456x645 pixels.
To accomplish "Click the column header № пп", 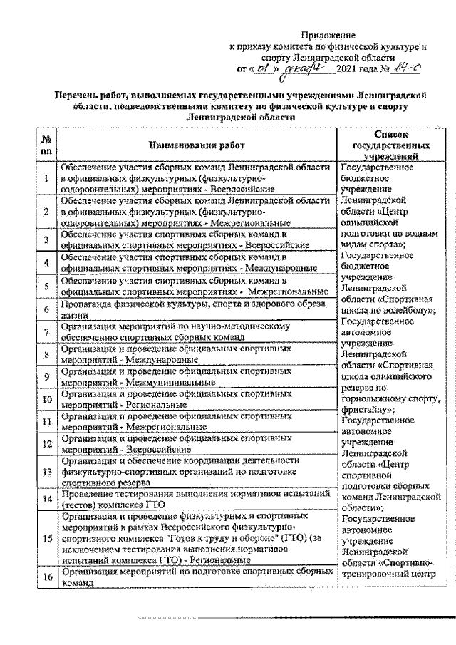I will (46, 145).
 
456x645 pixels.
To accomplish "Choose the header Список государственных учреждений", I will (387, 145).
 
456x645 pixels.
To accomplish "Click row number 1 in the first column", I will (46, 179).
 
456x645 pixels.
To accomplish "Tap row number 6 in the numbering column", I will (46, 309).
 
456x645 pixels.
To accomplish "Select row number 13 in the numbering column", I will (46, 471).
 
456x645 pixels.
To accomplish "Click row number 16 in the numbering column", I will (46, 577).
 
